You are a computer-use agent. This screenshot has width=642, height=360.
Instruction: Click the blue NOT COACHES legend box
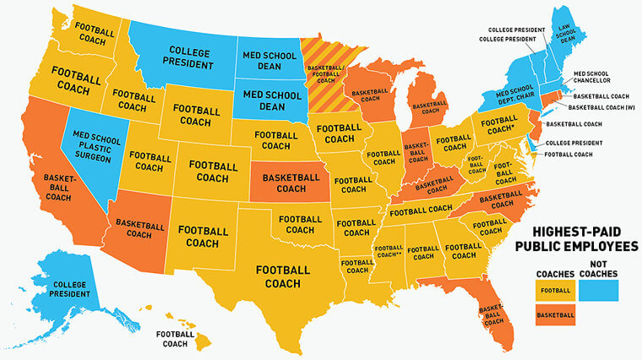coord(603,290)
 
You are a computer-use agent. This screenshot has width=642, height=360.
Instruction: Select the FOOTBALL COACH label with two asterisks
coord(389,250)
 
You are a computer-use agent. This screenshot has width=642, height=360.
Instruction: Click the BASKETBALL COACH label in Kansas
coord(291,183)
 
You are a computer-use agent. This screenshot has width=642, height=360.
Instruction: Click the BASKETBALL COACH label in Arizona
coord(140,229)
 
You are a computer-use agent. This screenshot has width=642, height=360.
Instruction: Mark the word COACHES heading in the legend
coord(555,273)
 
